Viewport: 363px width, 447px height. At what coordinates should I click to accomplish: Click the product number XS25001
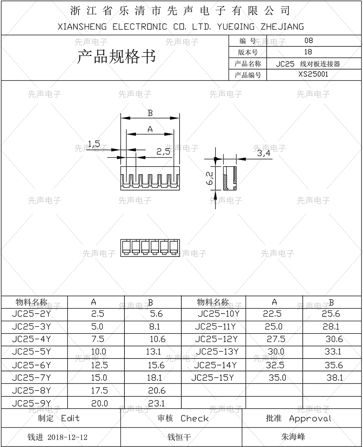pos(313,74)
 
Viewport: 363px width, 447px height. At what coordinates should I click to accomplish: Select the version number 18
pos(308,52)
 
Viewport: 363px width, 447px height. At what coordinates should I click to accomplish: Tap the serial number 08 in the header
pos(308,40)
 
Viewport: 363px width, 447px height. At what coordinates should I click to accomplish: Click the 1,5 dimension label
pos(94,144)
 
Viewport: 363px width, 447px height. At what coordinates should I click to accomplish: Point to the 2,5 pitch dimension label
pos(163,152)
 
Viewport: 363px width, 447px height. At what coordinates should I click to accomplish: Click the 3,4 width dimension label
pos(263,153)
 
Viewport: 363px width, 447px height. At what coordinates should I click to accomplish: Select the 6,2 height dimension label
pos(209,178)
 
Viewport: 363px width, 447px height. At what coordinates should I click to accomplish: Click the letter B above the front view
pos(150,113)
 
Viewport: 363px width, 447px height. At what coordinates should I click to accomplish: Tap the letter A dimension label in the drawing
pos(150,129)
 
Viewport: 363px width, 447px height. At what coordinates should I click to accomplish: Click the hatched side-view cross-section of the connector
pos(230,178)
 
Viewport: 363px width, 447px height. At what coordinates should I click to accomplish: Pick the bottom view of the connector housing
pos(150,248)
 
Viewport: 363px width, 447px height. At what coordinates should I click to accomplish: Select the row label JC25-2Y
pos(31,314)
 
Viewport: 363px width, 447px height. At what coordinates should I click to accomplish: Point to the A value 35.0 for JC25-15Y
pos(277,378)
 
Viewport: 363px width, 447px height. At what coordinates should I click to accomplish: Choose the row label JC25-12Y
pos(216,339)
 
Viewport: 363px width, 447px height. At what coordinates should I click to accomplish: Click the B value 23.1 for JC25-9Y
pos(156,403)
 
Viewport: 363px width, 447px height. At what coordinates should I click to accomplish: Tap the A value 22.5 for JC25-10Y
pos(272,314)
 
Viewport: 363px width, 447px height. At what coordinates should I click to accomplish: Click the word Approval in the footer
pos(310,419)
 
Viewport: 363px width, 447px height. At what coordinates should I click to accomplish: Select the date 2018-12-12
pos(68,437)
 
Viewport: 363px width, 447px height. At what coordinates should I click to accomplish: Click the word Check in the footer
pos(194,419)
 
